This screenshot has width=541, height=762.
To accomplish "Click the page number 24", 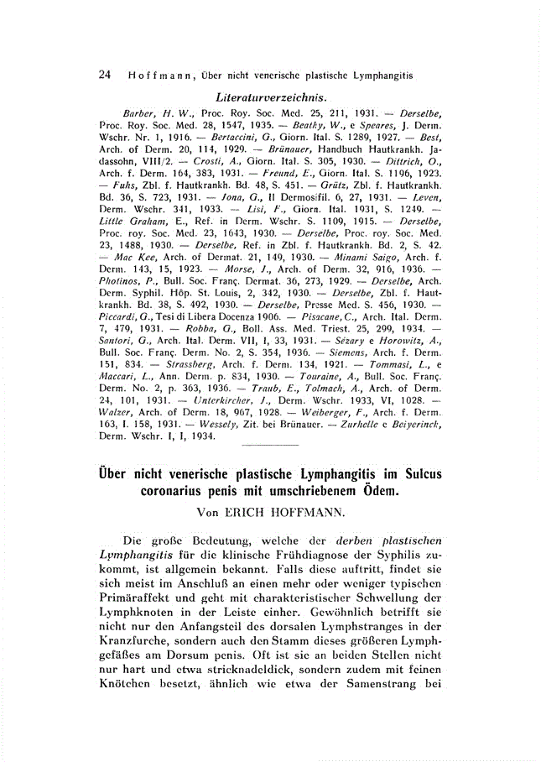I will pos(105,75).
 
